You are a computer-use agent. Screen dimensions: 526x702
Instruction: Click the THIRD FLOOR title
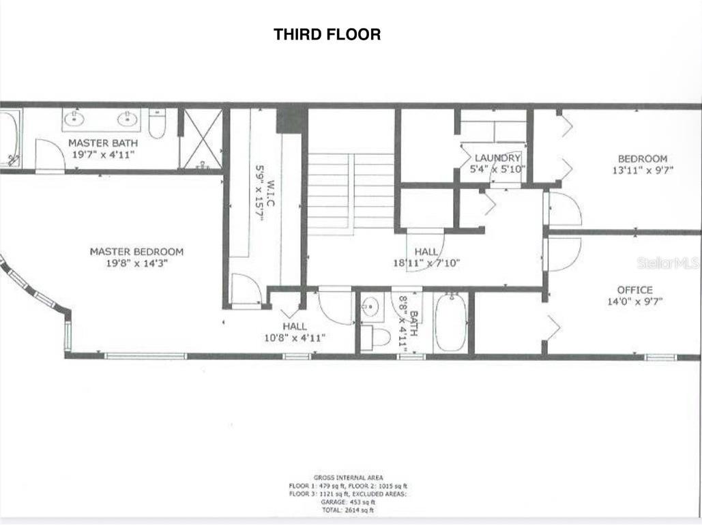pyautogui.click(x=327, y=34)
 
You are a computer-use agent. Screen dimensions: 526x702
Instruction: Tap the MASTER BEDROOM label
pyautogui.click(x=136, y=252)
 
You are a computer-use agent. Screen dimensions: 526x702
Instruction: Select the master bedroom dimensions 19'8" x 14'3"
pyautogui.click(x=136, y=263)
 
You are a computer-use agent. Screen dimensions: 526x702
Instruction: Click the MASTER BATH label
pyautogui.click(x=102, y=143)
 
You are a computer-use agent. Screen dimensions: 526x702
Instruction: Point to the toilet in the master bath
pyautogui.click(x=157, y=123)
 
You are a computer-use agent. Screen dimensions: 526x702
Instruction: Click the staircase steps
pyautogui.click(x=351, y=190)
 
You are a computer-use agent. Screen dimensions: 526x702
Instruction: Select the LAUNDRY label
pyautogui.click(x=497, y=158)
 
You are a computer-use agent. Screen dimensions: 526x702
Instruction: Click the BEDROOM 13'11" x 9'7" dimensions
pyautogui.click(x=642, y=171)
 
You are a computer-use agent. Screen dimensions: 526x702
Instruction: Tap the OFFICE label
pyautogui.click(x=634, y=290)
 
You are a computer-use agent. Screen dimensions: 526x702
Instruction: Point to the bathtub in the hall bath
pyautogui.click(x=450, y=321)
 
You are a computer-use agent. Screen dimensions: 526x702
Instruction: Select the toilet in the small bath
pyautogui.click(x=376, y=337)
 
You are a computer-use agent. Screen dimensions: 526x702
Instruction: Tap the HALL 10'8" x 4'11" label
pyautogui.click(x=294, y=332)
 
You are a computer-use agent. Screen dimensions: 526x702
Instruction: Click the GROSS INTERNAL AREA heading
pyautogui.click(x=348, y=478)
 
